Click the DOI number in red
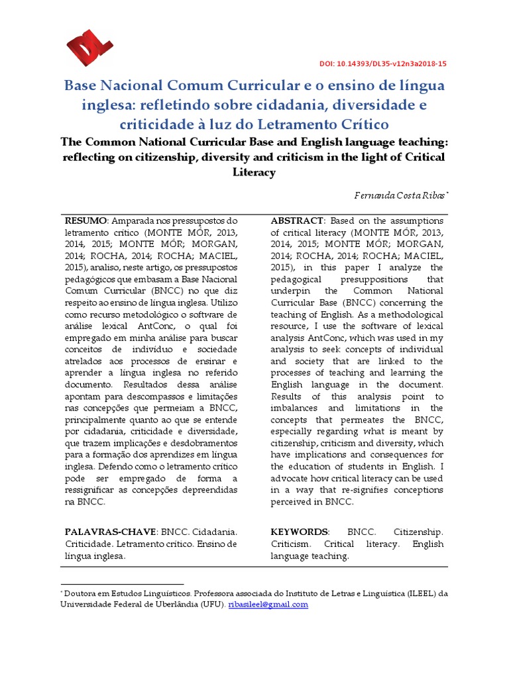[383, 64]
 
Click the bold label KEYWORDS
[299, 532]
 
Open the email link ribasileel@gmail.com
[268, 605]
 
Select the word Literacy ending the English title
[254, 172]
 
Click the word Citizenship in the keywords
[418, 532]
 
